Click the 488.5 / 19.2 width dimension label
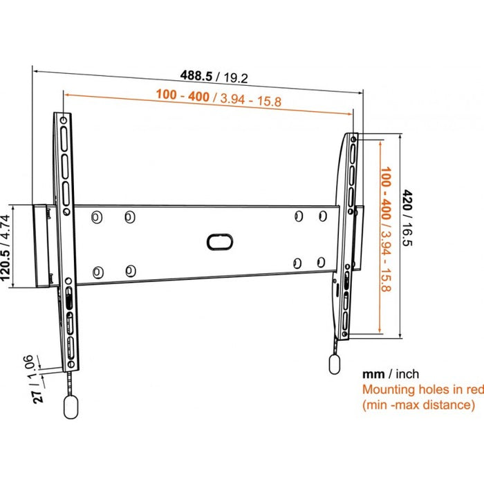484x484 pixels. coord(214,76)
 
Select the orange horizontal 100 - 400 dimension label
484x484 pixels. coord(218,98)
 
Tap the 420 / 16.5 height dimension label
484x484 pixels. coord(407,218)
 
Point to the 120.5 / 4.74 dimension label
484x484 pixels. coord(6,248)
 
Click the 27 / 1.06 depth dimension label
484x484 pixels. coord(33,379)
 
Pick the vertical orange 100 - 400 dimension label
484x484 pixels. coord(386,229)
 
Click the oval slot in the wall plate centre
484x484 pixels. coord(219,242)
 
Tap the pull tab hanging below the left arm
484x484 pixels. coord(71,407)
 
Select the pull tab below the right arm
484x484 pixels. coord(335,364)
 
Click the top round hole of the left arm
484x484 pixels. coord(64,120)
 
